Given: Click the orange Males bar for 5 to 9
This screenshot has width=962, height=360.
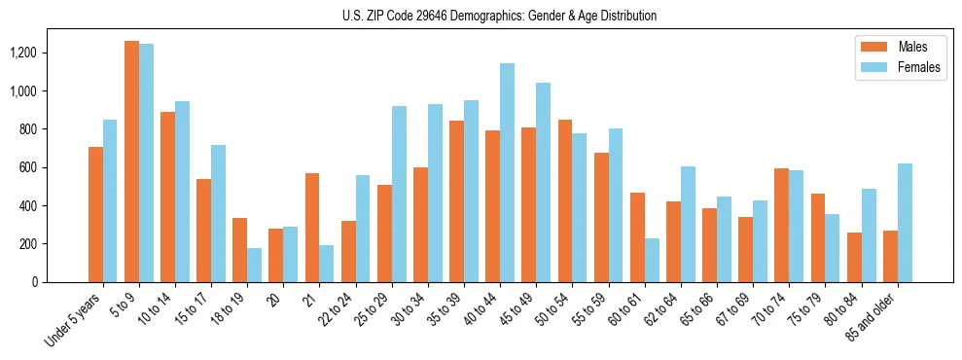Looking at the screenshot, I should pyautogui.click(x=131, y=162).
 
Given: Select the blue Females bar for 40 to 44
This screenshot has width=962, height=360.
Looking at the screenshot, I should pyautogui.click(x=507, y=173).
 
